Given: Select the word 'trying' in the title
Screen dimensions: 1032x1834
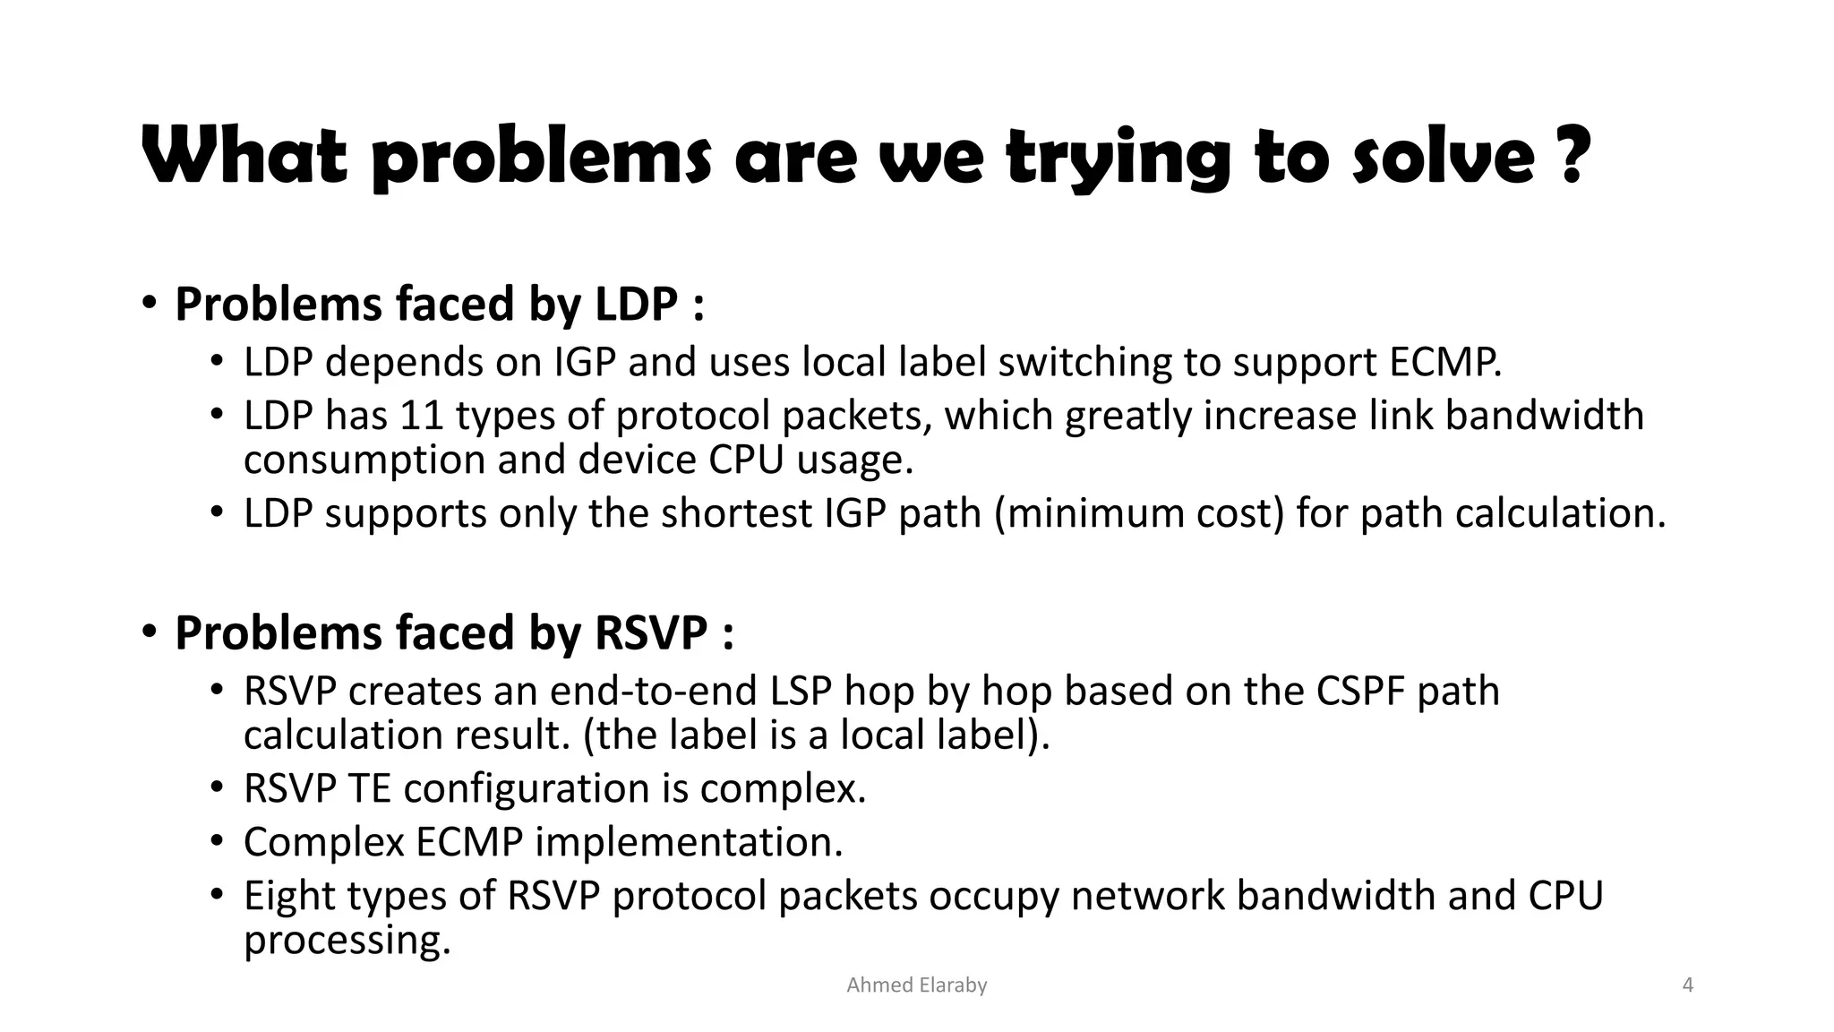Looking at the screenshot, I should pyautogui.click(x=1118, y=157).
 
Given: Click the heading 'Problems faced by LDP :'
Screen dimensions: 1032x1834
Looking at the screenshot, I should pyautogui.click(x=440, y=305).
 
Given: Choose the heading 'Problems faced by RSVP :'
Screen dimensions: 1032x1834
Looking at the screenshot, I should pyautogui.click(x=455, y=633).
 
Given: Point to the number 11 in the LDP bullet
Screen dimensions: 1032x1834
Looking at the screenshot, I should pyautogui.click(x=420, y=417).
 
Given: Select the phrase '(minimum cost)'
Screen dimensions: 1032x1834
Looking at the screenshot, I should pyautogui.click(x=1139, y=514).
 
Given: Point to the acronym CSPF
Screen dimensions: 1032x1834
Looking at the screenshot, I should pyautogui.click(x=1361, y=692).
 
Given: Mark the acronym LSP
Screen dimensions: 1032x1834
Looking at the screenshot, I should pyautogui.click(x=801, y=692).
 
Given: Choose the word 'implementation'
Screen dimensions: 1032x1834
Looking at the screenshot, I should pyautogui.click(x=689, y=843).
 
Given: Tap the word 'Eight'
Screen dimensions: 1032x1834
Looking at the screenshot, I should pyautogui.click(x=289, y=897).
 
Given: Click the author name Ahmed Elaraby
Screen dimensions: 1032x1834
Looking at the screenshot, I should pyautogui.click(x=916, y=985).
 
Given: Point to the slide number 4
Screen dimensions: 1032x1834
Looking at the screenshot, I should pyautogui.click(x=1688, y=985).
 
